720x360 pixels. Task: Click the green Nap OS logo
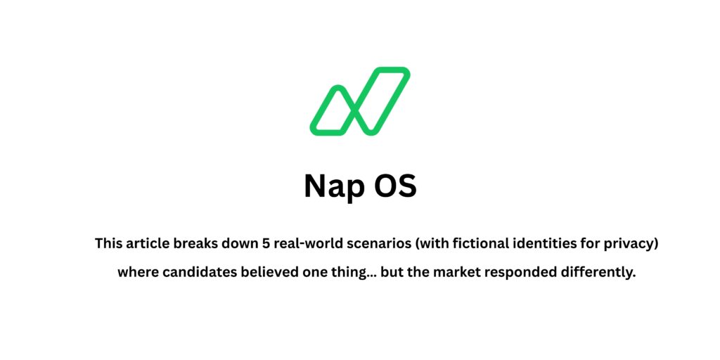pyautogui.click(x=360, y=101)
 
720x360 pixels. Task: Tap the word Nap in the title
pyautogui.click(x=329, y=186)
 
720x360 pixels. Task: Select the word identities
pyautogui.click(x=536, y=244)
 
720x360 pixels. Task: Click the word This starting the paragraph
pyautogui.click(x=109, y=244)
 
